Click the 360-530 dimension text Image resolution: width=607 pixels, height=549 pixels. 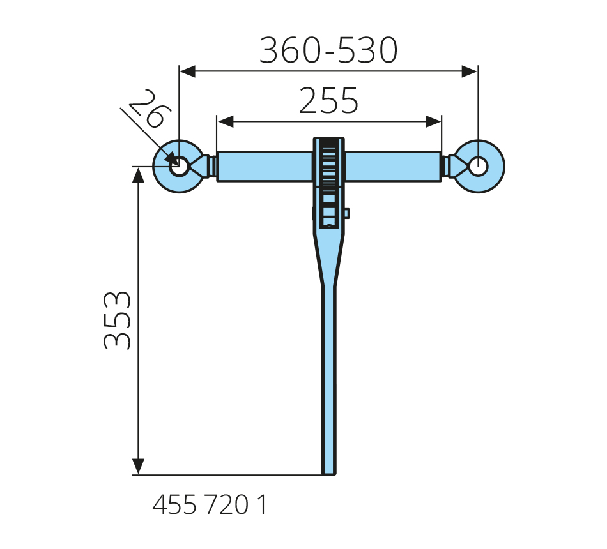tap(328, 50)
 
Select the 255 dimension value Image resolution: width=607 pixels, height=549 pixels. tap(328, 101)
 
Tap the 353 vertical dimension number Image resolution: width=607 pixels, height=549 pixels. tap(117, 320)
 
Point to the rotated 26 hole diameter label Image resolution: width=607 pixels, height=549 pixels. tap(150, 109)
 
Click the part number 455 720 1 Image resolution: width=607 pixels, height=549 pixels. tap(210, 505)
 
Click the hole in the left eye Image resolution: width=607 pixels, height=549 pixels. tap(180, 167)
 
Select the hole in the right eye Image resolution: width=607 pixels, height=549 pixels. tap(479, 167)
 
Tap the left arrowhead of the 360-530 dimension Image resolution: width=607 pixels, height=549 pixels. tap(188, 71)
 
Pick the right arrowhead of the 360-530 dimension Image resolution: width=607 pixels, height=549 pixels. tap(470, 71)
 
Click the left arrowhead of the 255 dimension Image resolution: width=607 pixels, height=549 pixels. tap(226, 121)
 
